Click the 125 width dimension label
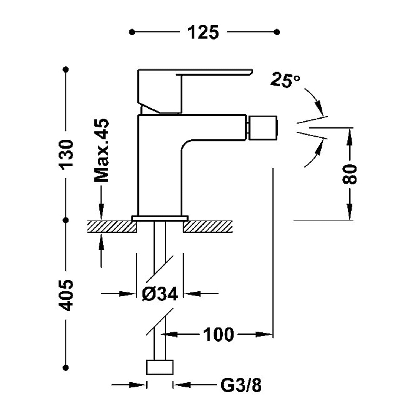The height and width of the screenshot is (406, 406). (203, 32)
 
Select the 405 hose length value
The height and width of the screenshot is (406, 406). (66, 295)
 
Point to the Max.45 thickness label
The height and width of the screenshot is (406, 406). (101, 150)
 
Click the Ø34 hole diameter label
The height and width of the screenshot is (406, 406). (160, 293)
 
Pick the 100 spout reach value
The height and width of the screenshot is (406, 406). (218, 335)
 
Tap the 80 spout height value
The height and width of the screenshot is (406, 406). (350, 174)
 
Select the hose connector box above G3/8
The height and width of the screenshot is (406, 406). (160, 367)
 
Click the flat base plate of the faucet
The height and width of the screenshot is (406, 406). (160, 218)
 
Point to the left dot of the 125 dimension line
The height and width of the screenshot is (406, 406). (132, 32)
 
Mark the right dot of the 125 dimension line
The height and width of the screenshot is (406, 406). (277, 32)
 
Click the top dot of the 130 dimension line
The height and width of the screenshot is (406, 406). (66, 70)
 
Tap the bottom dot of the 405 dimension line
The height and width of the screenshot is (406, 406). (66, 368)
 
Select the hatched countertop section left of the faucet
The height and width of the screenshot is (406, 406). (112, 227)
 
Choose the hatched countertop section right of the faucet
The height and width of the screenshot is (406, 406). (208, 227)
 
